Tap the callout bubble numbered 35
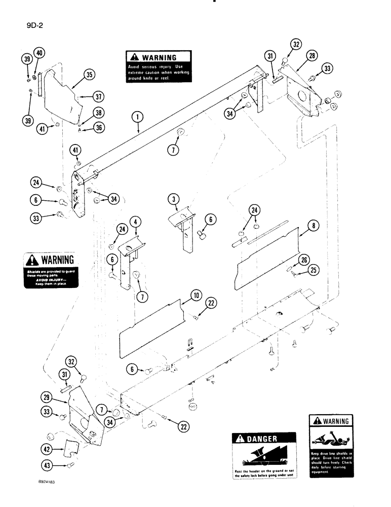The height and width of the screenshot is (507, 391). tap(89, 75)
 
